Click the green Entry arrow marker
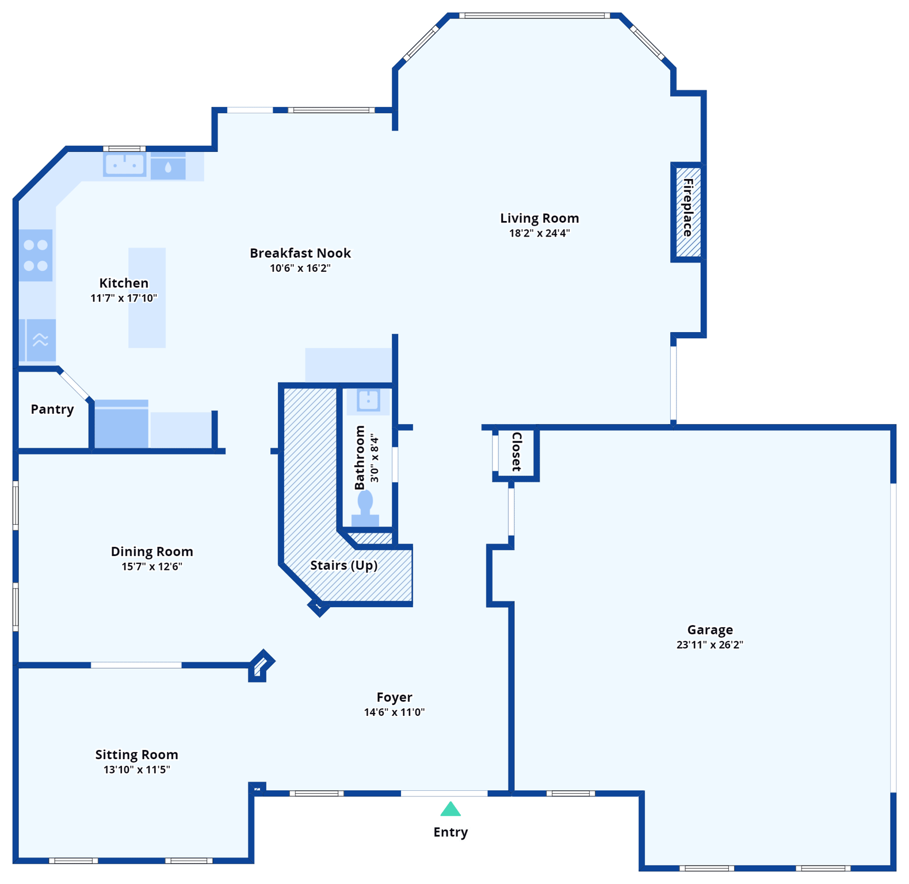pyautogui.click(x=450, y=810)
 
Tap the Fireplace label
pyautogui.click(x=688, y=208)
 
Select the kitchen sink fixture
pyautogui.click(x=124, y=165)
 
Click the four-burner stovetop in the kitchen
pyautogui.click(x=36, y=255)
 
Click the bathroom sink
pyautogui.click(x=368, y=399)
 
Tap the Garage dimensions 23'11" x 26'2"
pyautogui.click(x=709, y=645)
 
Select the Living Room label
pyautogui.click(x=539, y=218)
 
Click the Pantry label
pyautogui.click(x=52, y=409)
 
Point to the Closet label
pyautogui.click(x=517, y=452)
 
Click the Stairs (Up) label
pyautogui.click(x=343, y=565)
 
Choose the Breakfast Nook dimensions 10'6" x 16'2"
pyautogui.click(x=300, y=268)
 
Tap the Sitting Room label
pyautogui.click(x=136, y=755)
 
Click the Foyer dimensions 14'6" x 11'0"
pyautogui.click(x=394, y=712)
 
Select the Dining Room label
pyautogui.click(x=152, y=551)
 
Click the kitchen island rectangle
pyautogui.click(x=147, y=322)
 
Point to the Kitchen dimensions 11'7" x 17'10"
pyautogui.click(x=124, y=298)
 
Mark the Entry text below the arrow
pyautogui.click(x=450, y=832)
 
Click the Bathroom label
pyautogui.click(x=360, y=458)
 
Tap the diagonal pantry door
pyautogui.click(x=75, y=384)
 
